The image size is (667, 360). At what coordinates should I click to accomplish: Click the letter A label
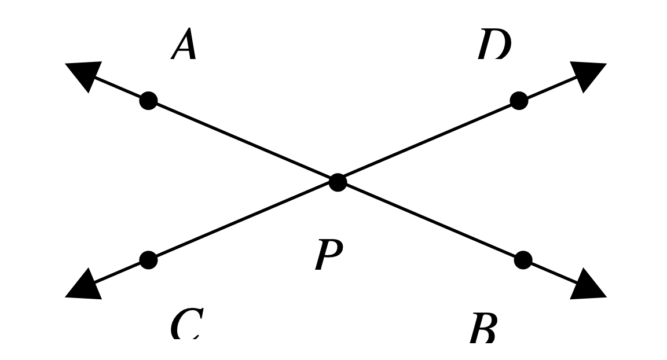[185, 45]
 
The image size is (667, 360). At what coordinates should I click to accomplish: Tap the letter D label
[494, 45]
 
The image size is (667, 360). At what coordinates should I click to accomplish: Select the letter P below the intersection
[328, 255]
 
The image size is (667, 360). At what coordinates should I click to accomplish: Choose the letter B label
[483, 329]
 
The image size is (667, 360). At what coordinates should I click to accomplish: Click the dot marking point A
[148, 101]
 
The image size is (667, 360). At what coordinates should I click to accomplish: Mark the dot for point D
[519, 101]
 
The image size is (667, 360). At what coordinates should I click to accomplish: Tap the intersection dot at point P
[338, 182]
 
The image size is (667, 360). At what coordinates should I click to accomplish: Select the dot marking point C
[148, 260]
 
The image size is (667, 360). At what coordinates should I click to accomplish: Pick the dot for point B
[523, 260]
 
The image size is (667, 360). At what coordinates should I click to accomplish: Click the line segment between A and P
[243, 142]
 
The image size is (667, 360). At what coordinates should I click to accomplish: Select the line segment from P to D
[428, 141]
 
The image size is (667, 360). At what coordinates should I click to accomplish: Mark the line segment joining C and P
[243, 221]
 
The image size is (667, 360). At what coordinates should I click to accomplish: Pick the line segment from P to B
[430, 221]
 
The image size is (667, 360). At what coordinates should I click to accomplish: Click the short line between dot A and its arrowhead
[119, 88]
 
